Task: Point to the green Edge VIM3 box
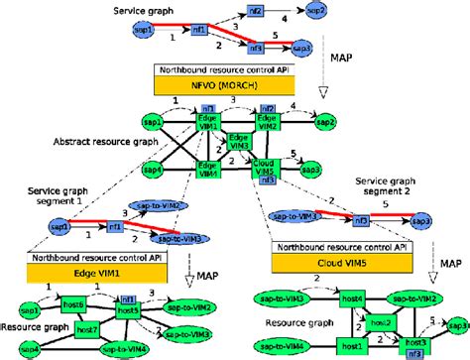click(x=238, y=142)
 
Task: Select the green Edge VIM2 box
click(x=266, y=121)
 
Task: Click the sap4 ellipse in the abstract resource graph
click(x=151, y=171)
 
